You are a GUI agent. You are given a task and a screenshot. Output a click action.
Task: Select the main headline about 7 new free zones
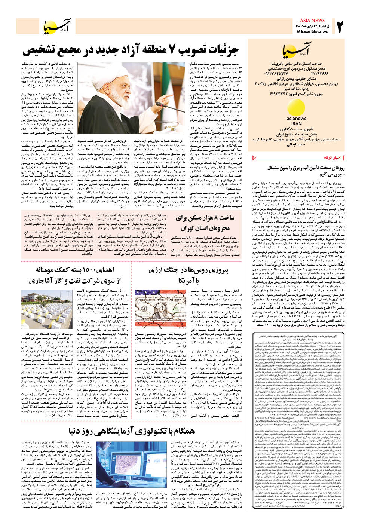131,50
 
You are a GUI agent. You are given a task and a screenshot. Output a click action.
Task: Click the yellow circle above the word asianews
296,108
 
